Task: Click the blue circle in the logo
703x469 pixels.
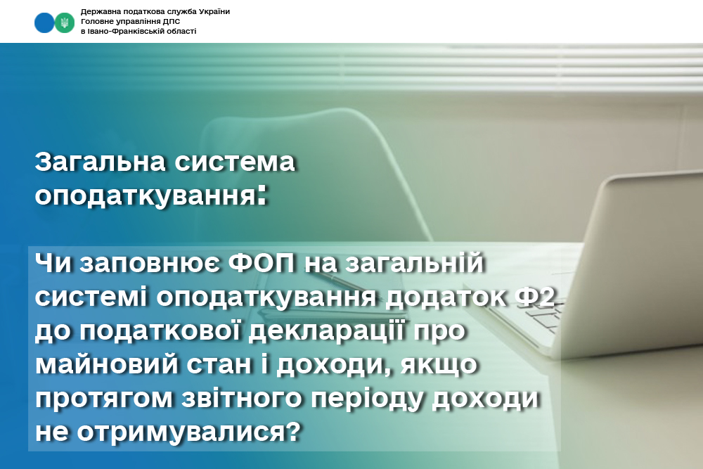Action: click(x=44, y=23)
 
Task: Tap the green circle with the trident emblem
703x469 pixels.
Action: click(x=65, y=23)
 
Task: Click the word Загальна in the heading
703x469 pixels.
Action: click(x=100, y=162)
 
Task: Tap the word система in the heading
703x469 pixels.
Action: click(x=235, y=162)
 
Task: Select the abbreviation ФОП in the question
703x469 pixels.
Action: click(x=262, y=263)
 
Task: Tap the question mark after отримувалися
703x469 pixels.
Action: click(x=292, y=432)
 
